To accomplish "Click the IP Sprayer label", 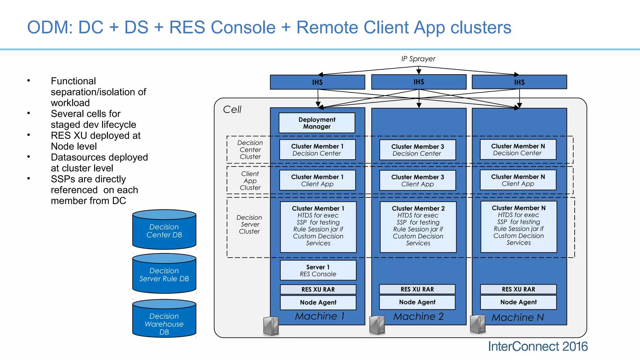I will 418,59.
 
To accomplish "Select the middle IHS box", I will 419,82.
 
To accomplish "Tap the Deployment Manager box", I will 317,123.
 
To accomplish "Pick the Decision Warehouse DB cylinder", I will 164,320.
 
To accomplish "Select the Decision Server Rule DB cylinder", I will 164,274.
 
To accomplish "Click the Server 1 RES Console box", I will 318,270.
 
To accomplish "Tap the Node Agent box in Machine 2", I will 417,302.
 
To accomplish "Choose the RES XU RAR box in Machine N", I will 518,289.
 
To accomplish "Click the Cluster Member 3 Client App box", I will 417,180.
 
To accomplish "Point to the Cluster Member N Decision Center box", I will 518,149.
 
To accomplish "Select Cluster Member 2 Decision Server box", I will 418,227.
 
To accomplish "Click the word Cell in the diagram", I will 232,109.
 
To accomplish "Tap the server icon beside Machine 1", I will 271,326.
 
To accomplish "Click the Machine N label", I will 517,317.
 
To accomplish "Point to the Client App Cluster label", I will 250,181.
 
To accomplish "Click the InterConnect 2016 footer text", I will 537,347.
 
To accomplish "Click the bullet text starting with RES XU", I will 96,141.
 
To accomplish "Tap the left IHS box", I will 317,82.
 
